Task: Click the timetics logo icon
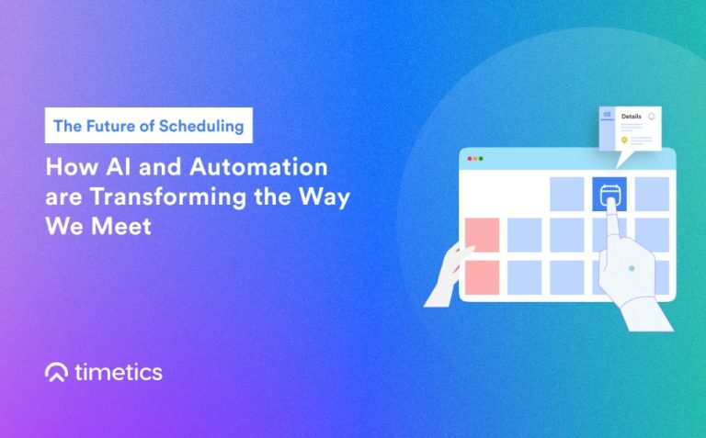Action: pyautogui.click(x=56, y=372)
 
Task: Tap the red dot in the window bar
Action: pyautogui.click(x=470, y=159)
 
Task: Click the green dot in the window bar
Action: pyautogui.click(x=481, y=159)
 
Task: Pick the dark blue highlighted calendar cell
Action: pyautogui.click(x=609, y=193)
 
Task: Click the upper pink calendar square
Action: pyautogui.click(x=483, y=234)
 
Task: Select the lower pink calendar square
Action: pyautogui.click(x=483, y=276)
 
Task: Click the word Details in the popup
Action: pyautogui.click(x=632, y=118)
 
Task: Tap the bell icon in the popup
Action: pyautogui.click(x=652, y=117)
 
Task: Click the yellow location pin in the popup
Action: pyautogui.click(x=624, y=140)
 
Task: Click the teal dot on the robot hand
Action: pyautogui.click(x=631, y=268)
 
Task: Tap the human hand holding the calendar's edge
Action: pyautogui.click(x=448, y=276)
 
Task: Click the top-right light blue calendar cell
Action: pyautogui.click(x=652, y=193)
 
